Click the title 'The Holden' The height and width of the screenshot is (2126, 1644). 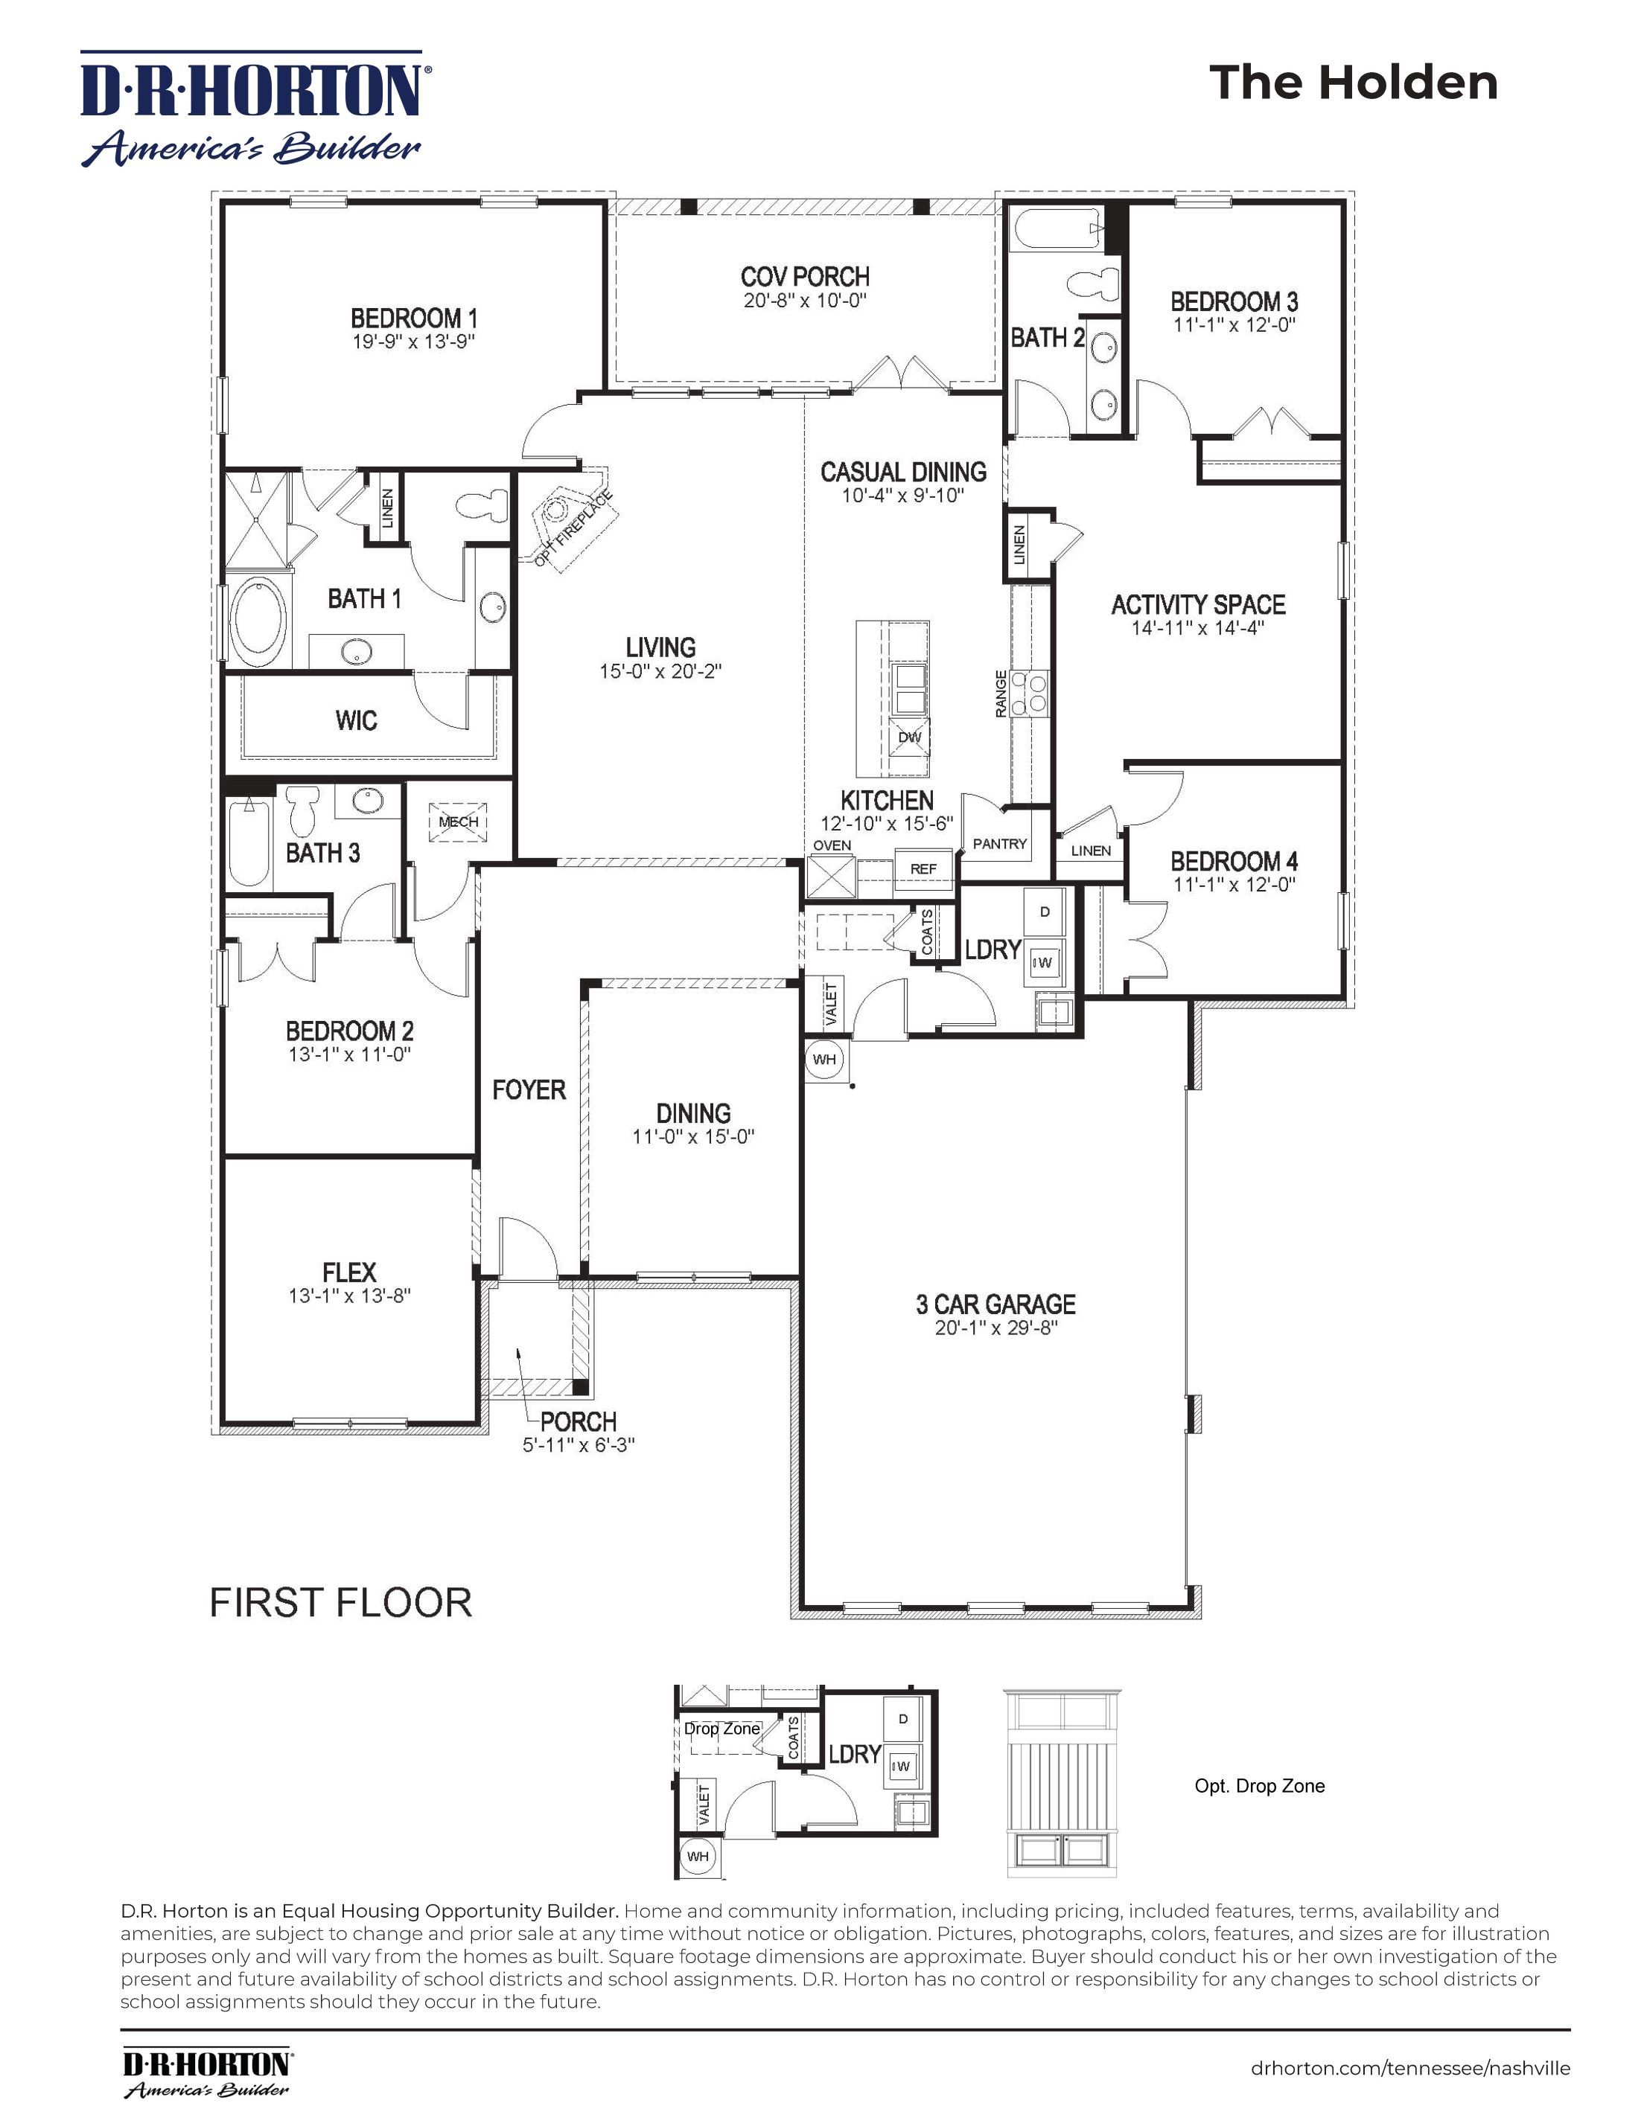click(x=1353, y=83)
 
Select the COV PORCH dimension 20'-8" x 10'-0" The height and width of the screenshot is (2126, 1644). click(x=804, y=301)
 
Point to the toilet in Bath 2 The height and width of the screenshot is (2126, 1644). click(x=1091, y=284)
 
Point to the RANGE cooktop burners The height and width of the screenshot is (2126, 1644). click(x=1028, y=692)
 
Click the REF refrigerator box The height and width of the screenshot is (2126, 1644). click(x=923, y=868)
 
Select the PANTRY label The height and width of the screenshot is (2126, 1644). click(x=999, y=844)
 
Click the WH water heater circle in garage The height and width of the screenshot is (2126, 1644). click(x=824, y=1059)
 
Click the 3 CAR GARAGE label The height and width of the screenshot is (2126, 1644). click(x=995, y=1304)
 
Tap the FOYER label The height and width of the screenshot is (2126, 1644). click(x=529, y=1089)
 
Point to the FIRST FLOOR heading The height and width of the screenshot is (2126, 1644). click(x=341, y=1602)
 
